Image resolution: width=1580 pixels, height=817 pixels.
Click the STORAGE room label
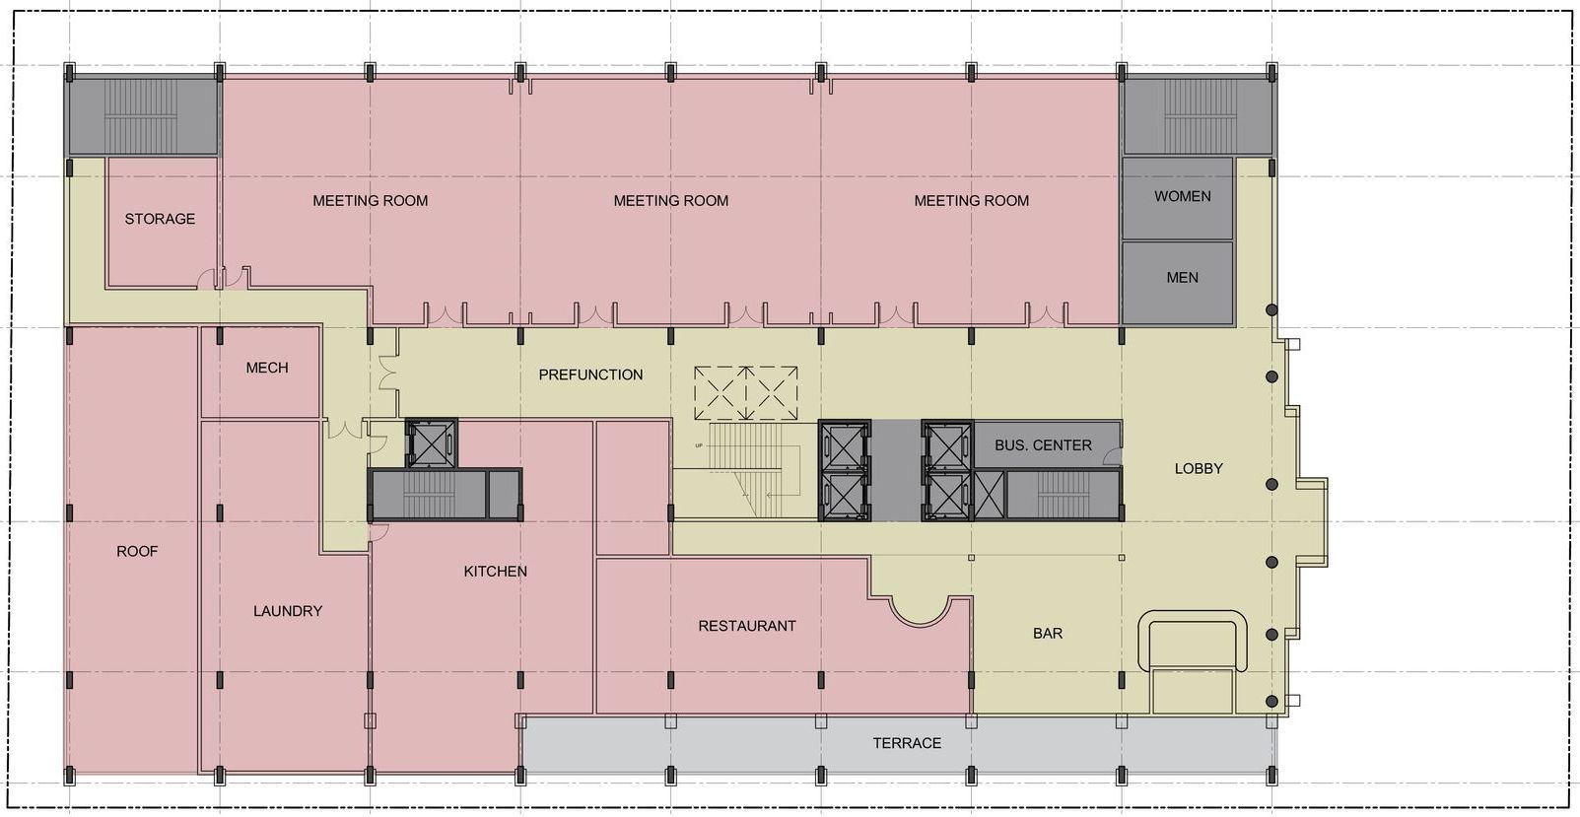coord(160,219)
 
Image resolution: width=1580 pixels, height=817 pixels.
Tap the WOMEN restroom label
coord(1182,196)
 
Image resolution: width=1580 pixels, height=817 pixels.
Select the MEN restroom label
coord(1182,277)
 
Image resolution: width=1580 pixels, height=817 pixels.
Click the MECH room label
coord(266,368)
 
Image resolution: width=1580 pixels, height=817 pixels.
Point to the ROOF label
coord(137,551)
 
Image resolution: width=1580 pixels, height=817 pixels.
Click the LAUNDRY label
coord(287,611)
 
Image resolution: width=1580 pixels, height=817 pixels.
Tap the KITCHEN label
coord(495,572)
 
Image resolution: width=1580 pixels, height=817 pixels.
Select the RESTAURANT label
coord(746,626)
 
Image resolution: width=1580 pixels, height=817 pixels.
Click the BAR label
coord(1047,634)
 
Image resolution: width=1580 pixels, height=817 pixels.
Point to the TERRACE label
coord(906,743)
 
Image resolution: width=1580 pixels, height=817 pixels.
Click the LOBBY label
coord(1198,469)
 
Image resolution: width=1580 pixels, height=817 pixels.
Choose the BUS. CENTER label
coord(1042,445)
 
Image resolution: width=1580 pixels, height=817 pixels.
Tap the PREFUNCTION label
coord(590,374)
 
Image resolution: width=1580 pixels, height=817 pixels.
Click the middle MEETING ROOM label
coord(670,201)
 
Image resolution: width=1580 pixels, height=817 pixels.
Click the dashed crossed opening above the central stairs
coord(745,393)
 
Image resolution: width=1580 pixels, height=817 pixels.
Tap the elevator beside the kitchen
coord(432,443)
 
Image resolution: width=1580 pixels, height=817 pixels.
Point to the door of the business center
coord(1112,455)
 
